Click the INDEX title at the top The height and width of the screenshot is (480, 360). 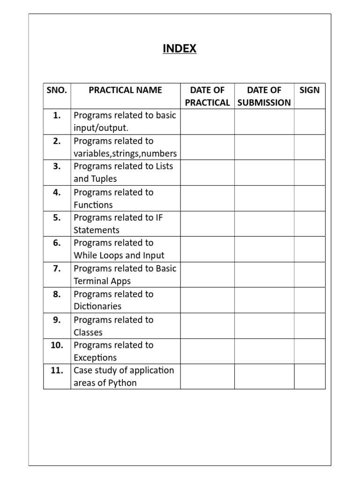[180, 48]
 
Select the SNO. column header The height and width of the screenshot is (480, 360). [57, 90]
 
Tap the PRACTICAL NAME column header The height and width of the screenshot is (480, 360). [125, 90]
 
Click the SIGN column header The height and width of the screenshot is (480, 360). [309, 90]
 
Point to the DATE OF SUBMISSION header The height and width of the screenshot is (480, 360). [264, 96]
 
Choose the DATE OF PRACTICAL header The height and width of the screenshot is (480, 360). [207, 96]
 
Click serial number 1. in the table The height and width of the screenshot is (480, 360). [57, 115]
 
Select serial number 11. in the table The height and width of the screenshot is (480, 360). [56, 370]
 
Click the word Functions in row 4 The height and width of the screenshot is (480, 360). [93, 205]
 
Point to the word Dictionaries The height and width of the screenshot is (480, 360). [97, 306]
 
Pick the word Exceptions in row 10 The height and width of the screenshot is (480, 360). [95, 358]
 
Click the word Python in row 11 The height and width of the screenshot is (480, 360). [122, 383]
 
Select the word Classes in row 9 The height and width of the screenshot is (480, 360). [88, 332]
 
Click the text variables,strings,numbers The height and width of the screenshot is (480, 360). [125, 153]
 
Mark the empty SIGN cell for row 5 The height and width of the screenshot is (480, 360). [309, 224]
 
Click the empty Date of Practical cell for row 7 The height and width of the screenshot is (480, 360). [207, 275]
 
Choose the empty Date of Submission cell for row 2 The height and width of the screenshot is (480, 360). [264, 147]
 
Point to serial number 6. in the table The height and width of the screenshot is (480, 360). [57, 243]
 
